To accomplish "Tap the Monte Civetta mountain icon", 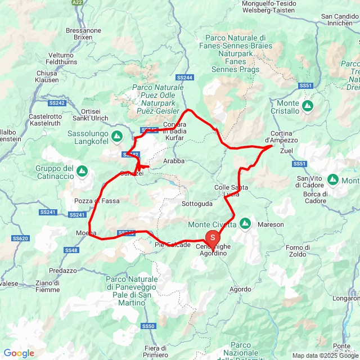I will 245,224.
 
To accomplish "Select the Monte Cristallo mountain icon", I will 308,105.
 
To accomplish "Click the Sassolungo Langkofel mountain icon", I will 116,136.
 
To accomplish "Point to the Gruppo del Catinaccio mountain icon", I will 82,170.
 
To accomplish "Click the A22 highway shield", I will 77,3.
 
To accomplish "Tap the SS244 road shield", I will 184,77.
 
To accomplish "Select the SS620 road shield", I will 21,238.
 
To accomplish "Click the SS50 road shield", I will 148,326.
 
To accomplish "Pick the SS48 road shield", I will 71,250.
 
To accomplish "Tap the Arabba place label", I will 174,161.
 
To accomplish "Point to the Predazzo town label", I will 62,271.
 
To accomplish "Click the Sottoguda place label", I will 197,203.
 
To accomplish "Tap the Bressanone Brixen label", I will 83,33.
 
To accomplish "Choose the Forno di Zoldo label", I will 302,251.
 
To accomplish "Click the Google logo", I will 19,353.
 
